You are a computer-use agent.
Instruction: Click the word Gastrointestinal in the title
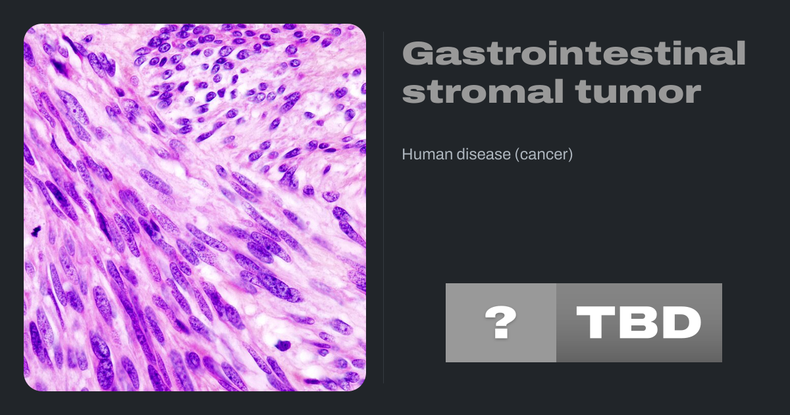click(574, 53)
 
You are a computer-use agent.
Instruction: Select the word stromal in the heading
click(483, 91)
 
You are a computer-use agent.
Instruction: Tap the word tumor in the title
click(638, 92)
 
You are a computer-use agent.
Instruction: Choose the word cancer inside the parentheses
click(544, 155)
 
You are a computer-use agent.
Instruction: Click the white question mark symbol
click(501, 322)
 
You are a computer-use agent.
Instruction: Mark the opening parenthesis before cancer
click(517, 155)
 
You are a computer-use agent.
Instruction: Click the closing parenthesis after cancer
click(570, 155)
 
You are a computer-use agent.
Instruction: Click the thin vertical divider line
click(384, 207)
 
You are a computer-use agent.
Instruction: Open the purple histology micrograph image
click(195, 207)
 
